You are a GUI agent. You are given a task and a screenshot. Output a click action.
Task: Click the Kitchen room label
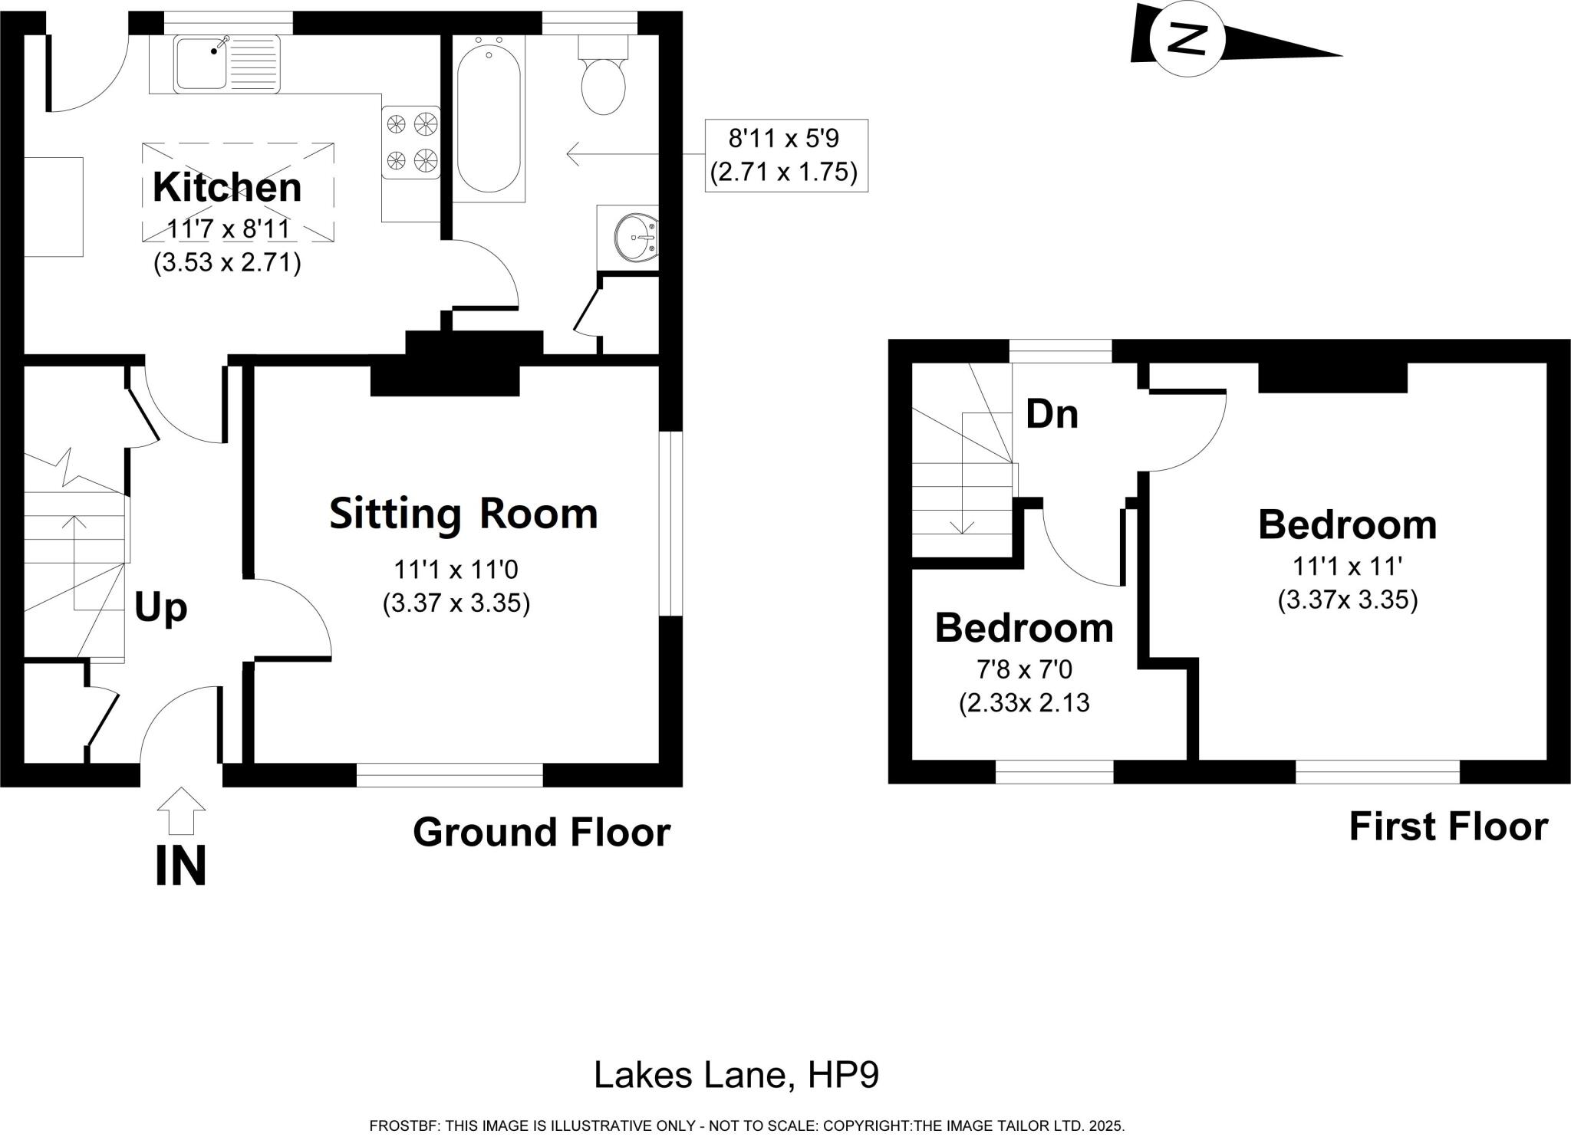pyautogui.click(x=227, y=188)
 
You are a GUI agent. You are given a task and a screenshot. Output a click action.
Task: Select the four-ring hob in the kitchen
pyautogui.click(x=411, y=142)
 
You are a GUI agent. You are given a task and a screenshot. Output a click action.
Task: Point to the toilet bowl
pyautogui.click(x=604, y=87)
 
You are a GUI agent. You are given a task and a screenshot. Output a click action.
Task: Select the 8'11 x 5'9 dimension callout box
pyautogui.click(x=785, y=155)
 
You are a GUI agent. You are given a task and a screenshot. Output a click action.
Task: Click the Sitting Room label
pyautogui.click(x=463, y=514)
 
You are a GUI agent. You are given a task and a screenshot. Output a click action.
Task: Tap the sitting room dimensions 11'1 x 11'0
pyautogui.click(x=456, y=570)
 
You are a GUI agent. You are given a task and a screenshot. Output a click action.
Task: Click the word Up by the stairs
pyautogui.click(x=161, y=607)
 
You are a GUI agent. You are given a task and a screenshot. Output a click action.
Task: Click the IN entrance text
pyautogui.click(x=181, y=866)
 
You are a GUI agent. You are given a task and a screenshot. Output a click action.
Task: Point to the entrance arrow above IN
pyautogui.click(x=181, y=810)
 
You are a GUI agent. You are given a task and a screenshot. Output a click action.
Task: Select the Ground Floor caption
pyautogui.click(x=542, y=832)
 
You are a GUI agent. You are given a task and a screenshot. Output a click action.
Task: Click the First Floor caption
pyautogui.click(x=1448, y=827)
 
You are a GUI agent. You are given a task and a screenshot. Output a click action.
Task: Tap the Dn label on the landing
pyautogui.click(x=1052, y=415)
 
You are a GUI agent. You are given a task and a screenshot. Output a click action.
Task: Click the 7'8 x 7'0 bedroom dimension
pyautogui.click(x=1024, y=670)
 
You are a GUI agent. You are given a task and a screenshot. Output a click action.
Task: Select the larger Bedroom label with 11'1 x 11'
pyautogui.click(x=1347, y=525)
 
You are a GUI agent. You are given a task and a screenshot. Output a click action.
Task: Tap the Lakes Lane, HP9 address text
pyautogui.click(x=736, y=1075)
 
